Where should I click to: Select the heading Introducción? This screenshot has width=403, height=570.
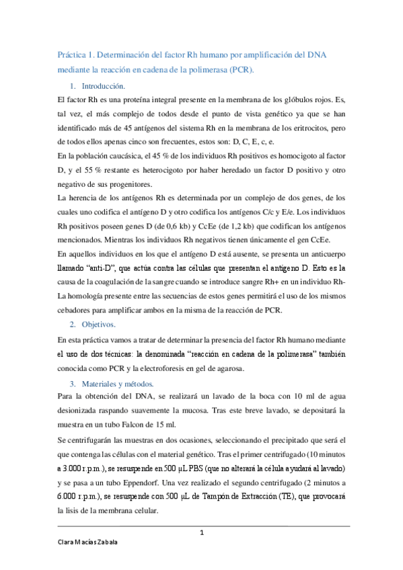[x=103, y=87]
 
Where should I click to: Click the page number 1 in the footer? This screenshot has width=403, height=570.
[x=201, y=533]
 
